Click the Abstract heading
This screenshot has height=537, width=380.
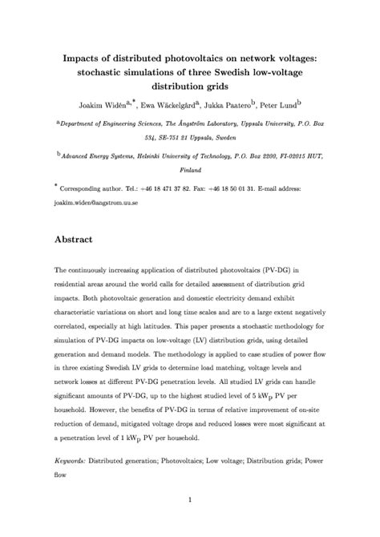[74, 239]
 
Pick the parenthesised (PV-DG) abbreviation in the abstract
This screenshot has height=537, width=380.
[286, 273]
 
